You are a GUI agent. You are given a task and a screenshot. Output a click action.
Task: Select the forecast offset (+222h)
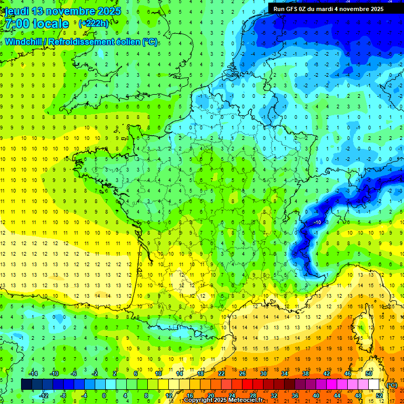(x=94, y=23)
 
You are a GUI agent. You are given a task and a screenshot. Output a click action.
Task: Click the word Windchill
(x=23, y=42)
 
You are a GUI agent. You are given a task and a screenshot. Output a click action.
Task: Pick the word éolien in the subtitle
(x=127, y=42)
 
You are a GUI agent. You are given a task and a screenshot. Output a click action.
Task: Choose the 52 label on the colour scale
(x=379, y=396)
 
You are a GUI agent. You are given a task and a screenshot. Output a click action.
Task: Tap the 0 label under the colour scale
(x=104, y=396)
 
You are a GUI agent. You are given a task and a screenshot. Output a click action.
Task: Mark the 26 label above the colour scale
(x=243, y=373)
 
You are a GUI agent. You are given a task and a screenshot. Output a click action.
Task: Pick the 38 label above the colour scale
(x=306, y=373)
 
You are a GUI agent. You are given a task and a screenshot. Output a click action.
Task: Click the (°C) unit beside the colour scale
(x=391, y=385)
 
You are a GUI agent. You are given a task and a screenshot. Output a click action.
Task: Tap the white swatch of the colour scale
(x=374, y=385)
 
